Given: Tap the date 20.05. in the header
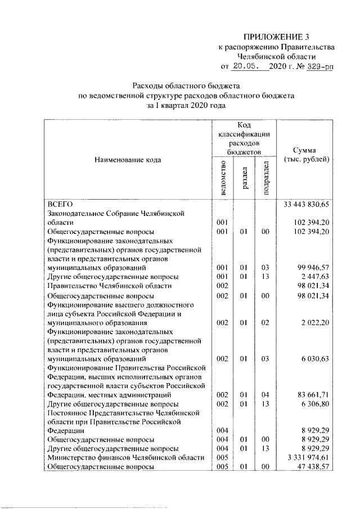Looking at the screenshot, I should tap(247, 66).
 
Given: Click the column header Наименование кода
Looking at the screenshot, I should tap(128, 160).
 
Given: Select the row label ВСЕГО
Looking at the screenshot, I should tap(57, 204).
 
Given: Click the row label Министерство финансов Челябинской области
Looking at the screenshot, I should tap(125, 457).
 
